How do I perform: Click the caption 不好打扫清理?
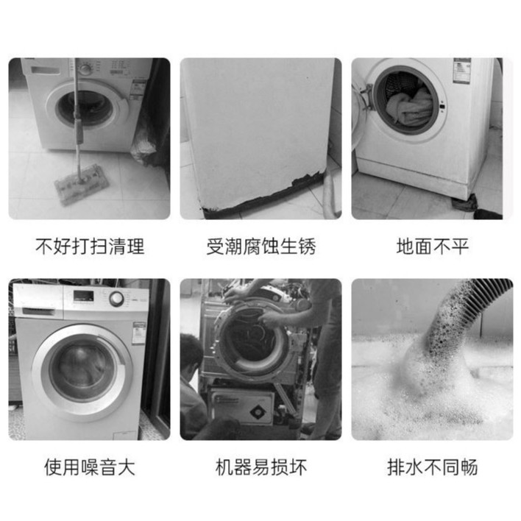pyautogui.click(x=90, y=247)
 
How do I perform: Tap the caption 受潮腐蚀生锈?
pyautogui.click(x=260, y=247)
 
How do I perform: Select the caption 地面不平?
pyautogui.click(x=432, y=247)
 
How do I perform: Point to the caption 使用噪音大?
pyautogui.click(x=90, y=467)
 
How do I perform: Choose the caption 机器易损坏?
pyautogui.click(x=260, y=467)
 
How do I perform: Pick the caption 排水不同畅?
pyautogui.click(x=432, y=467)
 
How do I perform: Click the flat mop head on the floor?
pyautogui.click(x=82, y=185)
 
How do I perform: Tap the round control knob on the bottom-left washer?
pyautogui.click(x=116, y=299)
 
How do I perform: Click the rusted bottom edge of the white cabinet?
pyautogui.click(x=263, y=196)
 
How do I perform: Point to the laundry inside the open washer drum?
pyautogui.click(x=411, y=106)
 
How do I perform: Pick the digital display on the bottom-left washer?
pyautogui.click(x=83, y=297)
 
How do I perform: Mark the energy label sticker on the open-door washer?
pyautogui.click(x=462, y=71)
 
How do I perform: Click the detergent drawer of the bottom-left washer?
pyautogui.click(x=38, y=311)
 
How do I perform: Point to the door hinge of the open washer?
pyautogui.click(x=366, y=96)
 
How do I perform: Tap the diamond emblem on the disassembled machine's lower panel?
pyautogui.click(x=257, y=412)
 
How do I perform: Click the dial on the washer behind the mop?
pyautogui.click(x=85, y=68)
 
